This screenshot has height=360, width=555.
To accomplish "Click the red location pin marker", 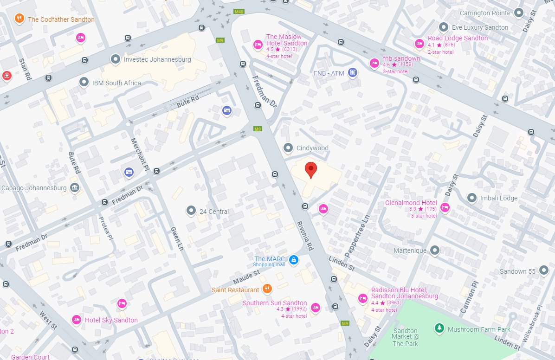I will [311, 170].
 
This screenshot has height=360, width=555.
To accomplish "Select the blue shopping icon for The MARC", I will [293, 260].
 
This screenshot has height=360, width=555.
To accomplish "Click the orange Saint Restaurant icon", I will [267, 289].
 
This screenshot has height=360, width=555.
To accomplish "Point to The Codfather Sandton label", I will [61, 19].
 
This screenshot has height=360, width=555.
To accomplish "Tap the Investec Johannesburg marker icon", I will [115, 59].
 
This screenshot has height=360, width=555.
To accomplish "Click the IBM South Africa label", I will [116, 83].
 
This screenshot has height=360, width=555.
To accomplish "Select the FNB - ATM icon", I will [353, 72].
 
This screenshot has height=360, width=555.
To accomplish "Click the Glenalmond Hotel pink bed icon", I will [445, 207].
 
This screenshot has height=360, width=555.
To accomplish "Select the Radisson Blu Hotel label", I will [404, 293].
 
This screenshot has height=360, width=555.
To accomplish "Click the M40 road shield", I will [239, 12].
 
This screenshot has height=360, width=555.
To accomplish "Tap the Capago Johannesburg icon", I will [74, 188].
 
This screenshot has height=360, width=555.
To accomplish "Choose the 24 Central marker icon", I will [191, 211].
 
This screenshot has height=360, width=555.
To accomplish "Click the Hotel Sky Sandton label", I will [111, 320].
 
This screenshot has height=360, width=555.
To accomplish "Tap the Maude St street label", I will [246, 278].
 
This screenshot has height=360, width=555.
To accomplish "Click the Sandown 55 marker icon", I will [544, 271].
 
